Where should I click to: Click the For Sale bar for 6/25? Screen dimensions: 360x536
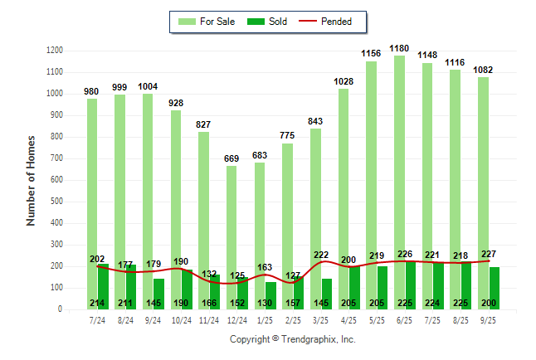[x=399, y=166]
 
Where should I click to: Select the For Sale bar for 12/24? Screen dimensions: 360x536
[x=231, y=216]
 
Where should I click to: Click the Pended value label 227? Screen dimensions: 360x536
[x=489, y=254]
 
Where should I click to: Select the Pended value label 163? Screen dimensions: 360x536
[x=265, y=267]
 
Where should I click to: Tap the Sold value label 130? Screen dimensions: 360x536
[x=265, y=303]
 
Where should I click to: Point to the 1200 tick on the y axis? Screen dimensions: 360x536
[x=54, y=51]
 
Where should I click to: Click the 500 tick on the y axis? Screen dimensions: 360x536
[x=56, y=202]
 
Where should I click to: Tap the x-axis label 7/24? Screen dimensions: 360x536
[x=97, y=319]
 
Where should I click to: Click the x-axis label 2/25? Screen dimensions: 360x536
[x=293, y=319]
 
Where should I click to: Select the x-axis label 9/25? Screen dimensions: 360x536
[x=489, y=319]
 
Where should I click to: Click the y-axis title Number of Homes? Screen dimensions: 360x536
[x=32, y=180]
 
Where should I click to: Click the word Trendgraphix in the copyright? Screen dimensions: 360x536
[x=310, y=340]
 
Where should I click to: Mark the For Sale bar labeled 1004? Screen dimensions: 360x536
[x=148, y=199]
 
